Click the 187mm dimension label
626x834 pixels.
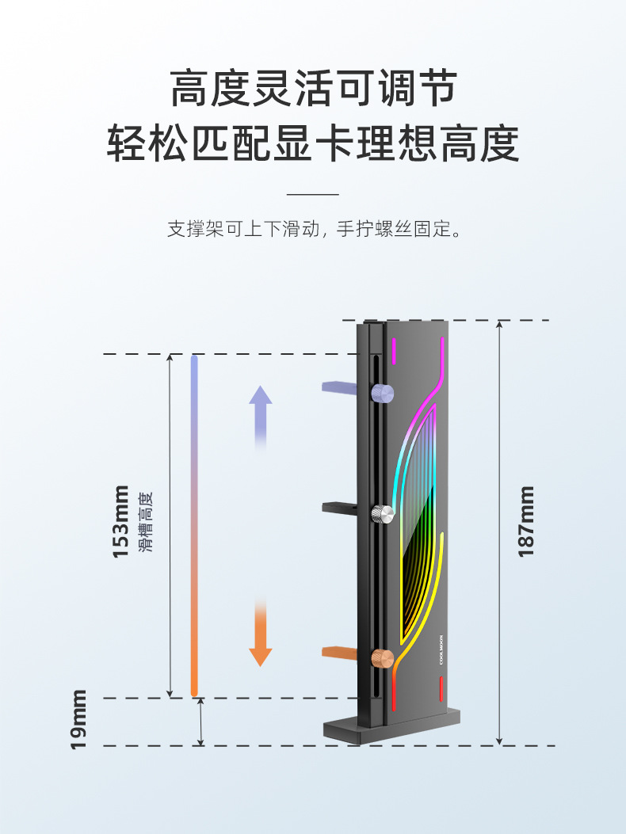coord(527,520)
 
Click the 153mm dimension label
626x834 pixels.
coord(121,520)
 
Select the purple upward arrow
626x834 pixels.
coord(261,416)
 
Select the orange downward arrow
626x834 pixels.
coord(261,634)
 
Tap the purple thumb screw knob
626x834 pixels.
coord(383,393)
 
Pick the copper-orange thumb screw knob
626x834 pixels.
coord(383,657)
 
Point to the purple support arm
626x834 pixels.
coord(344,387)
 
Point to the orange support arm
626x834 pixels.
coord(344,652)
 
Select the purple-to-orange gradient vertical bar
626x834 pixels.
coord(194,526)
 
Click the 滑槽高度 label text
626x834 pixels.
coord(144,520)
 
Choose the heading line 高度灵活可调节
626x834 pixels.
coord(313,87)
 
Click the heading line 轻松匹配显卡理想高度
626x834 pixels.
coord(313,143)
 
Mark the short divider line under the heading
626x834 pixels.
coord(312,194)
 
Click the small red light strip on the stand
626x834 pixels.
coord(441,689)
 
